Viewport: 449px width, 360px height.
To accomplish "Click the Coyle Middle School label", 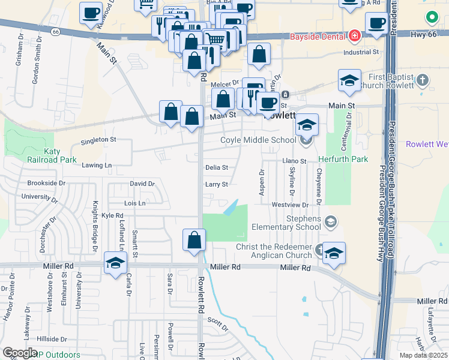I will pyautogui.click(x=258, y=140).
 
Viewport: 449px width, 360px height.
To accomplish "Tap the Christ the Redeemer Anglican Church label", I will pyautogui.click(x=265, y=251).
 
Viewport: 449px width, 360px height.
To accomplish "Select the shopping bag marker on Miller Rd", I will pyautogui.click(x=194, y=239).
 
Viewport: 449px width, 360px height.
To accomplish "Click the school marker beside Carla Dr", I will pyautogui.click(x=115, y=263).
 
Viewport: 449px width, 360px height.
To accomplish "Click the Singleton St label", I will pyautogui.click(x=98, y=139).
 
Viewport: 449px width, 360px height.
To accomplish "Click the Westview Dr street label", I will pyautogui.click(x=286, y=205).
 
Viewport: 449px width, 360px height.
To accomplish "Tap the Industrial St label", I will pyautogui.click(x=361, y=52).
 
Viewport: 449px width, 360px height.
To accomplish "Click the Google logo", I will pyautogui.click(x=20, y=353).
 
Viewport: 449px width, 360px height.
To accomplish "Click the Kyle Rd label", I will pyautogui.click(x=112, y=215).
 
